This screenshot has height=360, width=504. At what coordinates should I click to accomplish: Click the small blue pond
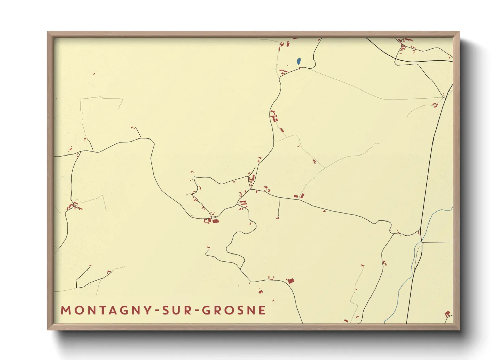[299, 61]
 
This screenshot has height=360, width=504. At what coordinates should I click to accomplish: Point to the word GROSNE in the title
[234, 310]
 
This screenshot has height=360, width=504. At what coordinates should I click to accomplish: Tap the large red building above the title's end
[290, 281]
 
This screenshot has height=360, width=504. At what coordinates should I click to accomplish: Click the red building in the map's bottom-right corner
[447, 313]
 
